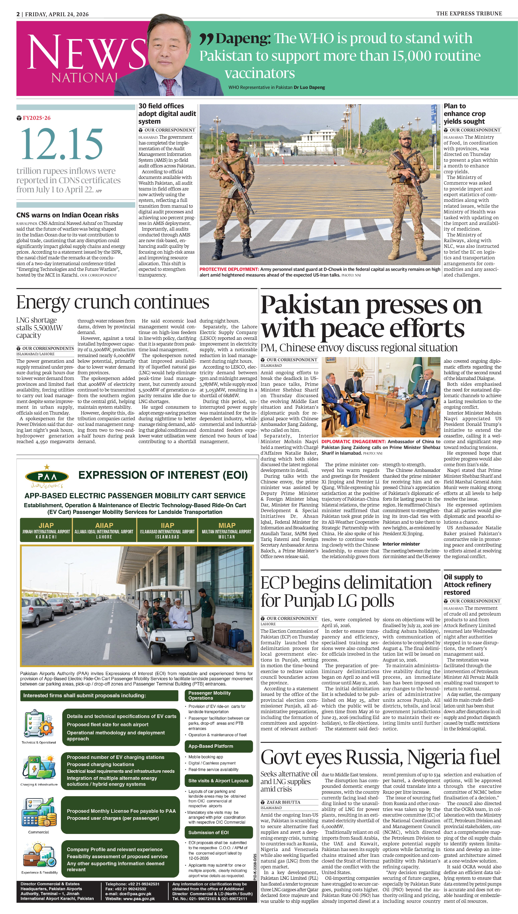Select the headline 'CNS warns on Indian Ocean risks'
(68, 215)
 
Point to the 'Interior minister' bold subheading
(401, 544)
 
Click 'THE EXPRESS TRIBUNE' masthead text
(469, 14)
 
